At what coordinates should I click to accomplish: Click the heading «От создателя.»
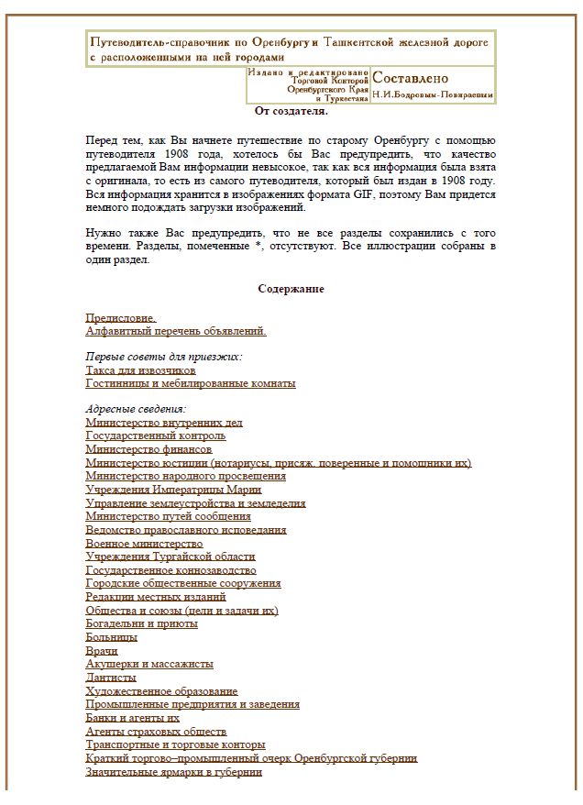pos(291,111)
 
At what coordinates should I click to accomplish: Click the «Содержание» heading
pos(291,289)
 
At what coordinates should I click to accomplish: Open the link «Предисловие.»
pos(121,318)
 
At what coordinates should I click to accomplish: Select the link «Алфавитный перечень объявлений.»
pos(176,331)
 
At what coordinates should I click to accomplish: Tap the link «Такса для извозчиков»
pos(140,370)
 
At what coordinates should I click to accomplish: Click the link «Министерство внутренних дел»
pos(164,423)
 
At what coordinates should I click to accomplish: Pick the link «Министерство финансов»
pos(149,450)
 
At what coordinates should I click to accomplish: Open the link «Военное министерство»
pos(144,544)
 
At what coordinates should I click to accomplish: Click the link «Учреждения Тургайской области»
pos(170,557)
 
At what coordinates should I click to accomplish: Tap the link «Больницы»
pos(112,636)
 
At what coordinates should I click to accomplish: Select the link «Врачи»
pos(102,650)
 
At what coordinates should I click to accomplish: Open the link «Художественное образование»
pos(161,690)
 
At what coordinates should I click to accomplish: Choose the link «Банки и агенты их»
pos(133,718)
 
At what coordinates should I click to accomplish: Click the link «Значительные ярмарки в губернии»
pos(174,772)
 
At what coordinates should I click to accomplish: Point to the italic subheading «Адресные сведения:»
pos(136,409)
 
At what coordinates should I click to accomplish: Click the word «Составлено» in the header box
pos(411,78)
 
